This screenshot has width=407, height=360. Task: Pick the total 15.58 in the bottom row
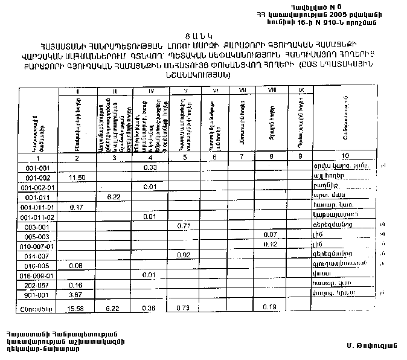coord(75,309)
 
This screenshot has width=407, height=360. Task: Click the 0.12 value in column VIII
coord(270,245)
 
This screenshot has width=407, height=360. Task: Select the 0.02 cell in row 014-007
coord(184,255)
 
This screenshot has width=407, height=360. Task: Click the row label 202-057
coord(37,284)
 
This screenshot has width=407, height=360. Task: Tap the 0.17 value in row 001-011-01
coord(75,207)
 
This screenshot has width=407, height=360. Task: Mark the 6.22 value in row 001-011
coord(115,197)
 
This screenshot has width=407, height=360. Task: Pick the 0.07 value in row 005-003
coord(270,234)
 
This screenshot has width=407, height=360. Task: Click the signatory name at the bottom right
coord(367,345)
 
